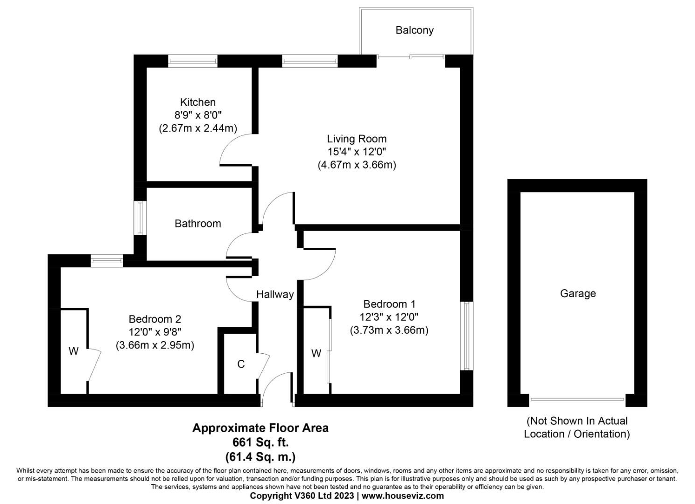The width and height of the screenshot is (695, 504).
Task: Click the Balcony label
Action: click(414, 30)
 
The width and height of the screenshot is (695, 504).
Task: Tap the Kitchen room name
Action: click(198, 102)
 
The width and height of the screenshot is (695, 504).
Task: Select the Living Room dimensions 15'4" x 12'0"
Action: click(357, 152)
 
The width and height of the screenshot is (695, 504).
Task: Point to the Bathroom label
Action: click(198, 224)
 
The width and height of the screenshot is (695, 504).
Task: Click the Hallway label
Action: click(275, 294)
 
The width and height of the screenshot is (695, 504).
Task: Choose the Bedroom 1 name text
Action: click(389, 304)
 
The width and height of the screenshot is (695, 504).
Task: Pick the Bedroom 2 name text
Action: click(155, 319)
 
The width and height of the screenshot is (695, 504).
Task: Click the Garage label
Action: click(578, 294)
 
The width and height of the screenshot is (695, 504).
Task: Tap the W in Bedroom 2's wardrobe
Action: click(73, 351)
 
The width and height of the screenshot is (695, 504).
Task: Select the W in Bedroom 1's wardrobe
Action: click(316, 353)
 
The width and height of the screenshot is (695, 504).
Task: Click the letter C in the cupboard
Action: click(241, 364)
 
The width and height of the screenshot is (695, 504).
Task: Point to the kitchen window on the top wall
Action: click(193, 61)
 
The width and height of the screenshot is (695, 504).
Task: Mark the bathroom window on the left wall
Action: click(140, 218)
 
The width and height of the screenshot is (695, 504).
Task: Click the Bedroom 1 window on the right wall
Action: click(467, 336)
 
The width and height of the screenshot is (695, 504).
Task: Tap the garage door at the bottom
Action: click(577, 399)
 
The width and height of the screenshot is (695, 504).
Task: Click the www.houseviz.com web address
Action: click(403, 496)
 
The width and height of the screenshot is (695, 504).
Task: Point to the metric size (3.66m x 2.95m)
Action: click(155, 345)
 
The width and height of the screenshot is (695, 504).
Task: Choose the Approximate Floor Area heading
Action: click(260, 428)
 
